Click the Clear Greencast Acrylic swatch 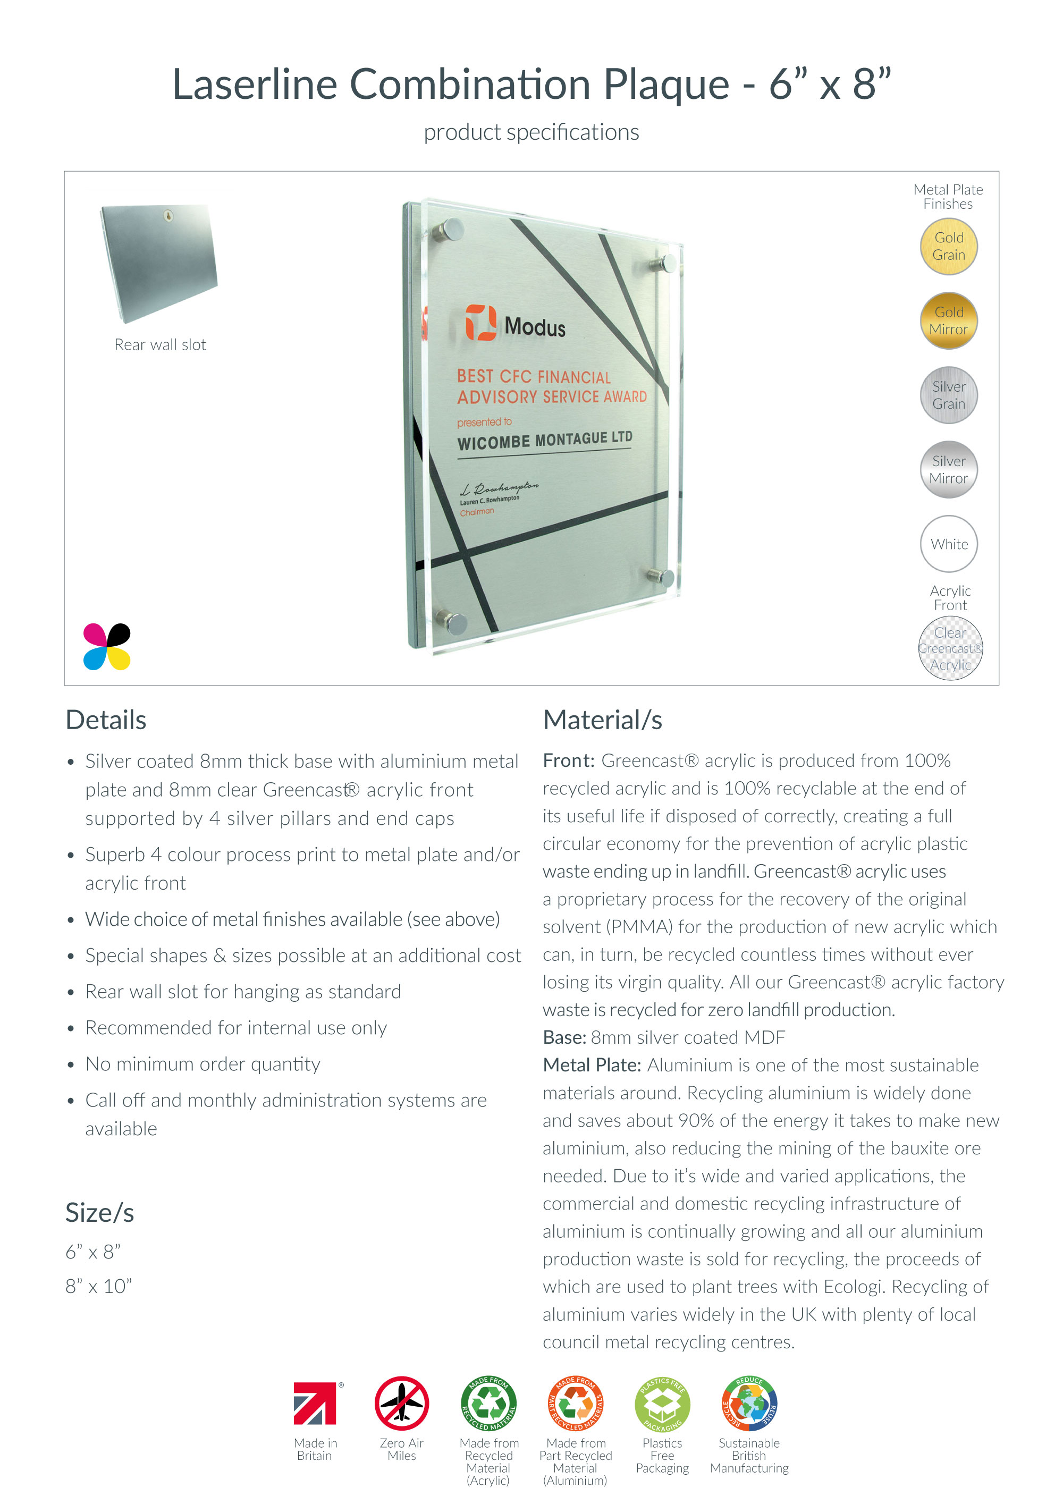point(950,648)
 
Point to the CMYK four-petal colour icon point(107,647)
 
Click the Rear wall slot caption point(160,344)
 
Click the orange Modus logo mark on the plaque point(480,322)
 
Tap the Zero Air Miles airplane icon point(401,1404)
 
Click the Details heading point(106,720)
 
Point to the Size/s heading point(99,1213)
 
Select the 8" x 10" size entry point(98,1286)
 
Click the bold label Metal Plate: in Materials point(592,1065)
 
